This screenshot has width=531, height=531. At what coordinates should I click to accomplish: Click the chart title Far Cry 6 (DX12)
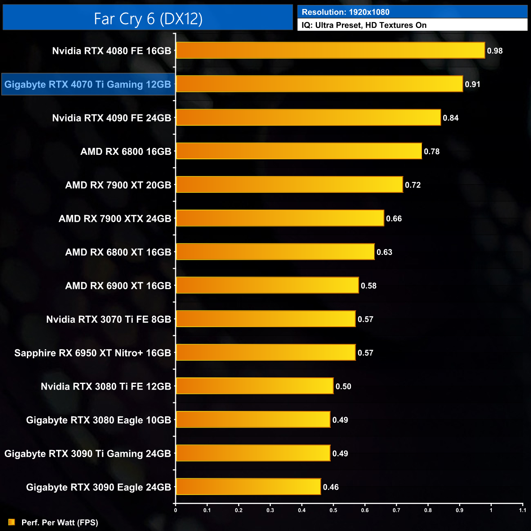pos(148,18)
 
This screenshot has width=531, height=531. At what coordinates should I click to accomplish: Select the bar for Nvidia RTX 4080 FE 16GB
pos(330,51)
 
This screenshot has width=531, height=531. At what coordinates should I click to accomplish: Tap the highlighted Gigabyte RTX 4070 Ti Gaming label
pos(88,85)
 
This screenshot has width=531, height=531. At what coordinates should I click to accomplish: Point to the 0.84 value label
pos(451,118)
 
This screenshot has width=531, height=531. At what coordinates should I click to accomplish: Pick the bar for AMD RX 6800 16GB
pos(299,151)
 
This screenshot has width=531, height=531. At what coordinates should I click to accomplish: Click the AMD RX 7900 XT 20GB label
pos(118,185)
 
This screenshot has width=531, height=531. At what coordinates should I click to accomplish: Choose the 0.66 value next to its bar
pos(394,219)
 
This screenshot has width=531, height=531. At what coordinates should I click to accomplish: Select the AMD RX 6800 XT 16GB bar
pos(275,252)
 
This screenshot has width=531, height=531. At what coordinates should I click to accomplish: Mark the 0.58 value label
pos(368,286)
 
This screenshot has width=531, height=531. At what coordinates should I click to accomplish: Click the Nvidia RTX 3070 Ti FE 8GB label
pos(109,319)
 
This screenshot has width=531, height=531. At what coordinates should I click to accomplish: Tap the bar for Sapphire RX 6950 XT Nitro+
pos(265,353)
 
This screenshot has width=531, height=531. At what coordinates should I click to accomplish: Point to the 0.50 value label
pos(343,386)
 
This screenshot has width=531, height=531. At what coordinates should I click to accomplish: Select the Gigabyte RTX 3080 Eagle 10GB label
pos(98,420)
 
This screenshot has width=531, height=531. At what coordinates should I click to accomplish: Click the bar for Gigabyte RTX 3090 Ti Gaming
pos(253,453)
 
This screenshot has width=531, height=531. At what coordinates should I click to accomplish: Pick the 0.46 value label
pos(331,487)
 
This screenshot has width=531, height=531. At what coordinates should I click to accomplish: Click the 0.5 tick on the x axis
pos(333,510)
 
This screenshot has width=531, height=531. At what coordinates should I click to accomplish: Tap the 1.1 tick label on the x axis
pos(522,510)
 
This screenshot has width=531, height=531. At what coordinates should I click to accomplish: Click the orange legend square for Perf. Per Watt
pos(11,522)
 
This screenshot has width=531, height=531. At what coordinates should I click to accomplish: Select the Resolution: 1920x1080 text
pos(346,12)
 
